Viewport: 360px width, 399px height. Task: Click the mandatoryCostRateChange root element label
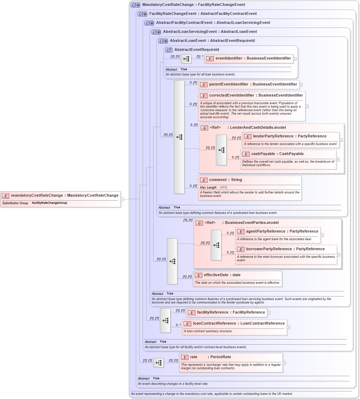64,196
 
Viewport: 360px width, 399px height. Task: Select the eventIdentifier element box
249,58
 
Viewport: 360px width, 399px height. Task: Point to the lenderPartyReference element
289,136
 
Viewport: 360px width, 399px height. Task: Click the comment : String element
225,180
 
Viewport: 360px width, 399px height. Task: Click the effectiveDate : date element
222,275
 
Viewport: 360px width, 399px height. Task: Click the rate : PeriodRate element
210,357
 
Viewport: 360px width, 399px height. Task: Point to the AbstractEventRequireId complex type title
196,50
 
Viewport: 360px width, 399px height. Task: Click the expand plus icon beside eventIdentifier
295,59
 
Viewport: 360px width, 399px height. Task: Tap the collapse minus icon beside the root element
122,199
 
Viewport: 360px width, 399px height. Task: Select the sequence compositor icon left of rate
158,363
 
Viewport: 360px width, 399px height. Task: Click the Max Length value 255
223,188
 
